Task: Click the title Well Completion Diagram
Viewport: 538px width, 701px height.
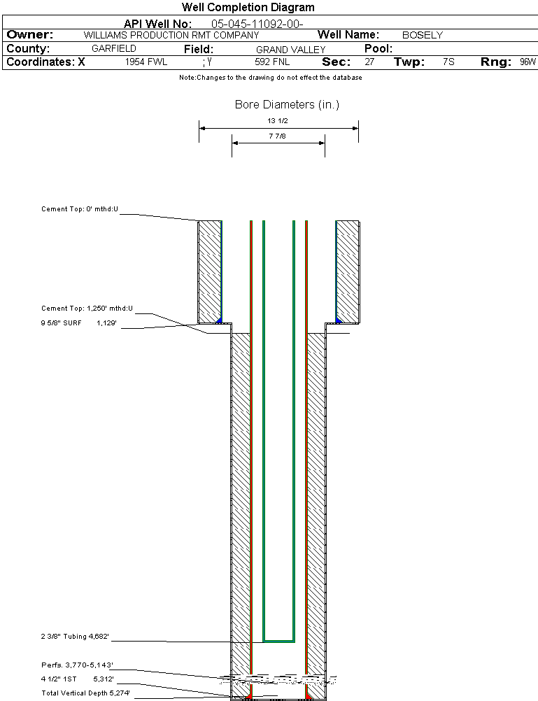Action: (x=248, y=8)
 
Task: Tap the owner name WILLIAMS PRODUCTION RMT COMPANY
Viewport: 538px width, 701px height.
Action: (x=171, y=35)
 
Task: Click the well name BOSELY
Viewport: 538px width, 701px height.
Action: (x=423, y=35)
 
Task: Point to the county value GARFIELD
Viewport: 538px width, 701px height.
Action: (x=114, y=49)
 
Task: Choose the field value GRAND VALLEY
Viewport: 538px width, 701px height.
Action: (x=291, y=50)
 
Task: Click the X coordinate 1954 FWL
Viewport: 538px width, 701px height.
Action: (x=146, y=62)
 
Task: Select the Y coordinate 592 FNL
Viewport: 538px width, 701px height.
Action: (x=272, y=62)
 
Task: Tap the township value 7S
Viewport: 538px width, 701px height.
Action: (x=448, y=62)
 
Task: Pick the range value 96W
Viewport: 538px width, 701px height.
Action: (x=528, y=62)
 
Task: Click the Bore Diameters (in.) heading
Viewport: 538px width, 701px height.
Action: (x=287, y=105)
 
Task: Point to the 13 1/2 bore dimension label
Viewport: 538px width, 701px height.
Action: (x=278, y=121)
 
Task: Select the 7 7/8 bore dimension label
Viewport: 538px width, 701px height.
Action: (x=278, y=136)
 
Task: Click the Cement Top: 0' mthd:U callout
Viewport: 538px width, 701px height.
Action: (x=80, y=209)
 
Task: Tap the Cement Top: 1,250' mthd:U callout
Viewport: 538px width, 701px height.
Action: (x=87, y=308)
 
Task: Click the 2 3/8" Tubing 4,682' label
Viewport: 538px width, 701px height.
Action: (x=75, y=637)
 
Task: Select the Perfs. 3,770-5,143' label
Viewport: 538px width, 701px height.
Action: (x=77, y=665)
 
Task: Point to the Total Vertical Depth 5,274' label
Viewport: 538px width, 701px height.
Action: (x=85, y=693)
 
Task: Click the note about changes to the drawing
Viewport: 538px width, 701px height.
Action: (x=270, y=78)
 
